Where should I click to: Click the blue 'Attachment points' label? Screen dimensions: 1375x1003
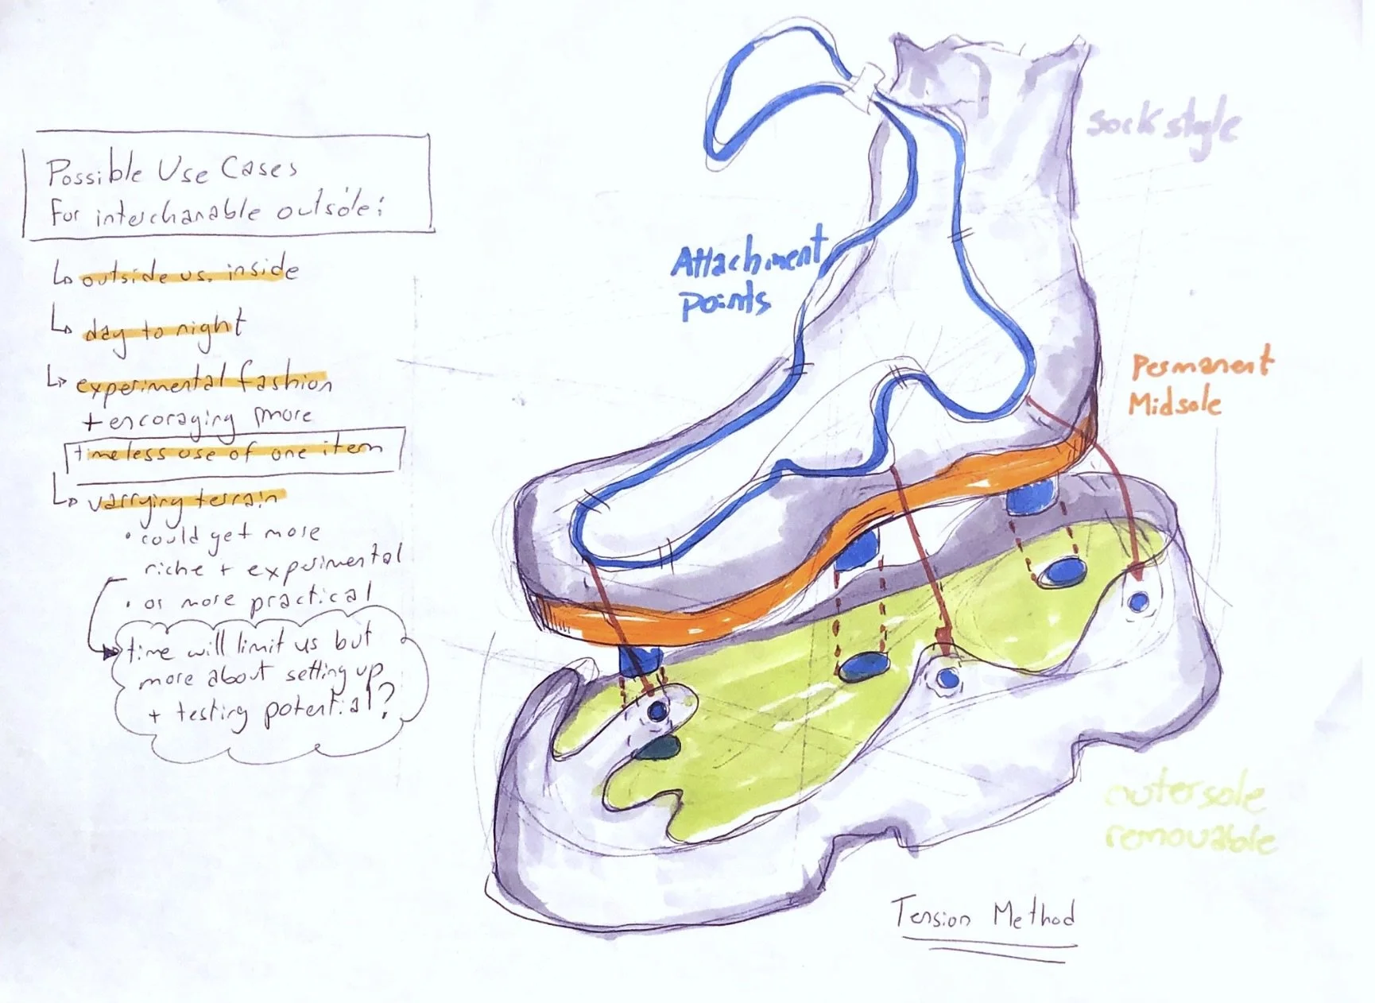[x=747, y=274]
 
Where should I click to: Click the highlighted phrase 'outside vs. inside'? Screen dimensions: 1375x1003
[x=187, y=272]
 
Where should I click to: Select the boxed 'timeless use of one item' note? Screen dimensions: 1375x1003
[x=230, y=451]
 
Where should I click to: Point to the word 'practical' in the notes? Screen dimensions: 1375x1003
[x=310, y=598]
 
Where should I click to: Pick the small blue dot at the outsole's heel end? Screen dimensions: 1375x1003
[x=1139, y=602]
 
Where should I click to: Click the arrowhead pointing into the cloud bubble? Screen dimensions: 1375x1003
[x=110, y=653]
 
